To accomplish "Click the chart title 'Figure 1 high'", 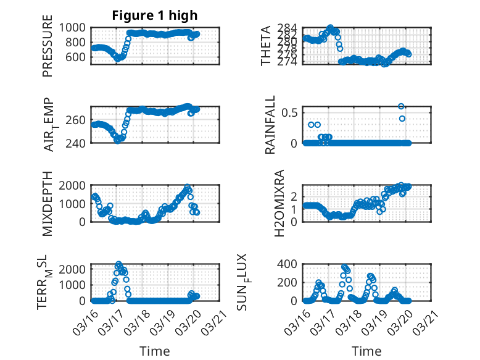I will click(154, 16).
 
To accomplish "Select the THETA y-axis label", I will click(266, 45).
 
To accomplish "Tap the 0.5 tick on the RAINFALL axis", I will click(291, 112).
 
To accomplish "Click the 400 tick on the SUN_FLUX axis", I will click(290, 264).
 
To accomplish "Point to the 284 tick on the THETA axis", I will click(290, 28).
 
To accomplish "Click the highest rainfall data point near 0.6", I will click(401, 106).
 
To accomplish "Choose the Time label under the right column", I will click(366, 351).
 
